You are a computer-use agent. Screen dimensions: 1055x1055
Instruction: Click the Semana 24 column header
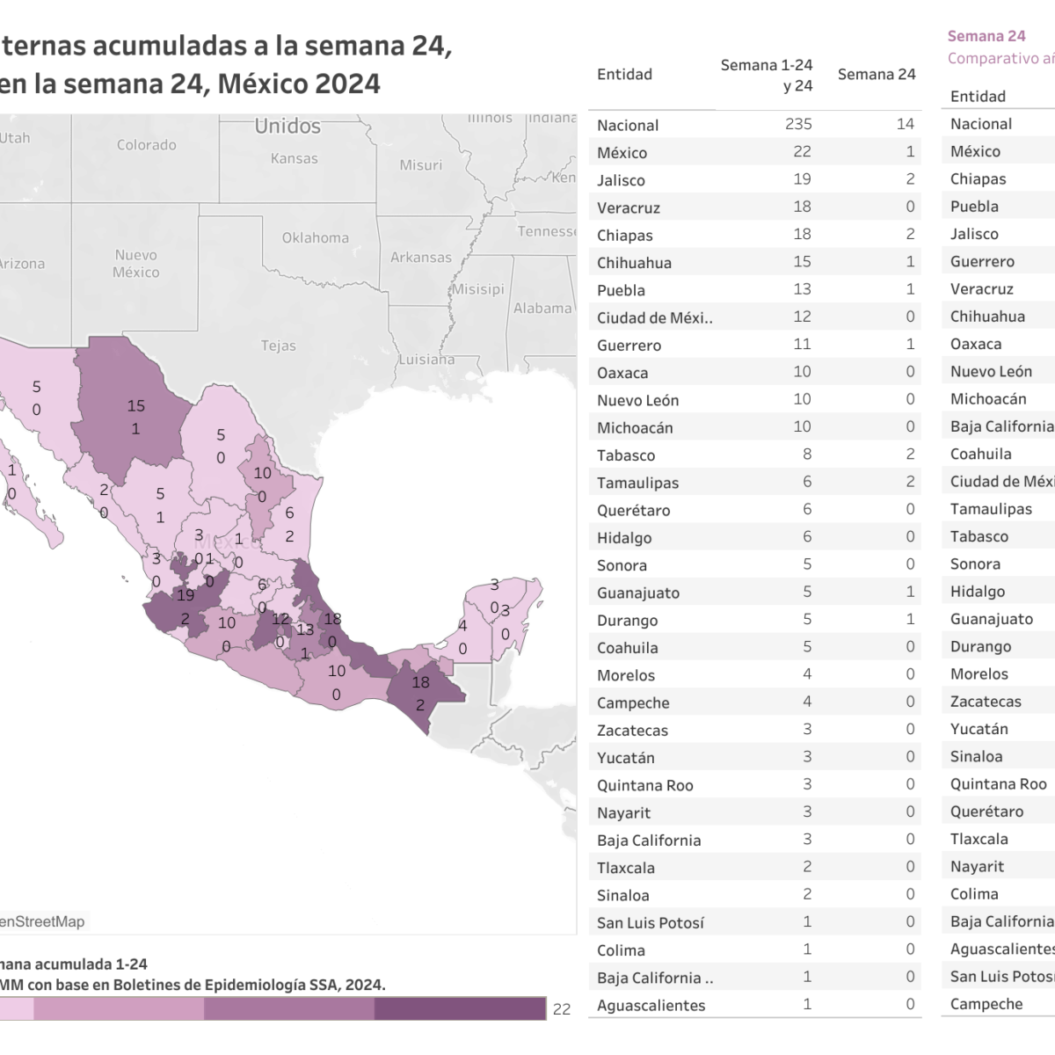[x=876, y=75]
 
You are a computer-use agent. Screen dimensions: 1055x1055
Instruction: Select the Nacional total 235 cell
[x=798, y=124]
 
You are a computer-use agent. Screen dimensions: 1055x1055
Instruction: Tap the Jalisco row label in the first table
[x=621, y=180]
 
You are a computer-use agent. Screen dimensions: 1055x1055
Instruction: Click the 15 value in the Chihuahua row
[x=802, y=262]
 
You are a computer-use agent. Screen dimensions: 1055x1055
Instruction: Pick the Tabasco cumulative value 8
[x=807, y=455]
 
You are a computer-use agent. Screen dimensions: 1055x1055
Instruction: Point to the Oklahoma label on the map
[x=315, y=237]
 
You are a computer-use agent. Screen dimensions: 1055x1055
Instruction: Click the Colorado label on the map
[x=146, y=145]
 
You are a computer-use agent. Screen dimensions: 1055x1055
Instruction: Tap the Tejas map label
[x=278, y=346]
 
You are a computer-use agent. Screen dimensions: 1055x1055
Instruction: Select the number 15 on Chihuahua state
[x=135, y=406]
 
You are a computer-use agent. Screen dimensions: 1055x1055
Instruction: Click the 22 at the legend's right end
[x=562, y=1009]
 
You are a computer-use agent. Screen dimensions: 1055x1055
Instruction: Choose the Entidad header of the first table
[x=624, y=75]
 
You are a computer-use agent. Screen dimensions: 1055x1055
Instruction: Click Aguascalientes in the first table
[x=651, y=1005]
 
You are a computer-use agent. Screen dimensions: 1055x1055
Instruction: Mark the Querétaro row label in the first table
[x=633, y=510]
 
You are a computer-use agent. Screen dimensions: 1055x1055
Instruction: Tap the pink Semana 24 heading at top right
[x=986, y=36]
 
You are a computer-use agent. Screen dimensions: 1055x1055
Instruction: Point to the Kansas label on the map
[x=294, y=158]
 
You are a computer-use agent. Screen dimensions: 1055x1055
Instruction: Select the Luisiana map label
[x=426, y=359]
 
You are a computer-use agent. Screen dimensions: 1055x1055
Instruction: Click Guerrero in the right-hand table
[x=982, y=261]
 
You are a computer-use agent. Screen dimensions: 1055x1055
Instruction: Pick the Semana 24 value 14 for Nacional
[x=905, y=124]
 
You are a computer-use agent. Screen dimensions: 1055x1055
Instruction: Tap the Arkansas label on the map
[x=420, y=258]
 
